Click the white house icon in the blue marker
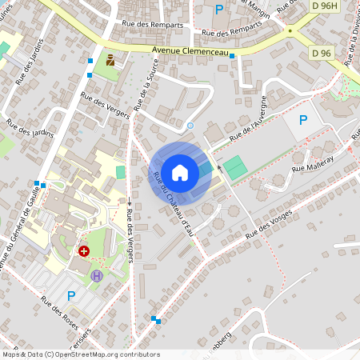(x=180, y=172)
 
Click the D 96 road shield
(x=322, y=53)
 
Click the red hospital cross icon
(x=84, y=251)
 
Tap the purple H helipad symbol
(x=98, y=275)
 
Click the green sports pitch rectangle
(x=234, y=168)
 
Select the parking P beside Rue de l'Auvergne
(x=302, y=120)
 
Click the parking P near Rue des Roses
(x=70, y=295)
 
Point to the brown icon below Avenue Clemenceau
(x=110, y=59)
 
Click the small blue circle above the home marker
(x=190, y=126)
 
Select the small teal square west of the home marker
(x=121, y=172)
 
